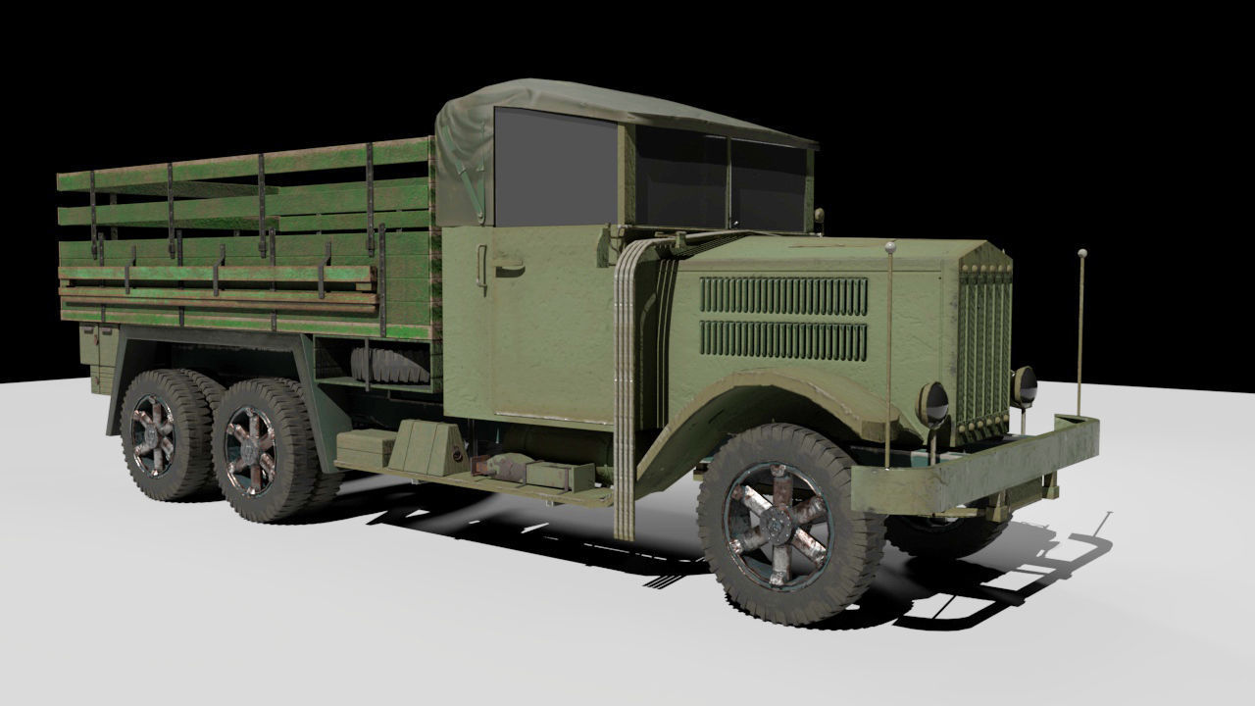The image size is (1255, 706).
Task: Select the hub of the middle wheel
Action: coord(252,449)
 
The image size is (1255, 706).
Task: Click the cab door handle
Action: coord(507,263)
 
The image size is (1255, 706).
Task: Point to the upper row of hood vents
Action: coord(783,295)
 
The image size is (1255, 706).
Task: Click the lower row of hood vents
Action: coord(783,339)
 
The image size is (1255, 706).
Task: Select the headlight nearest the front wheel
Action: coord(933,403)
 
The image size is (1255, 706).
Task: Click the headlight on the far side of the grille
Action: coord(1025,384)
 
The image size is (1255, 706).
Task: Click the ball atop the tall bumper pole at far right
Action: coord(1081,254)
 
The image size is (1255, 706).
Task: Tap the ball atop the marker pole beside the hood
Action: coord(890,247)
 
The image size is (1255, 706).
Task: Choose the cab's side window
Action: coord(555,167)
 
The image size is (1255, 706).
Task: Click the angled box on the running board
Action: coord(427,445)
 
